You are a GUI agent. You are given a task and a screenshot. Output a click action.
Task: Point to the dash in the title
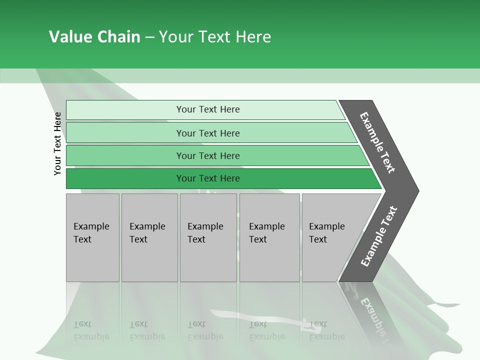click(149, 37)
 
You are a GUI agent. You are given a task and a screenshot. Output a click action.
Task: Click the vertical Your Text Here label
click(57, 143)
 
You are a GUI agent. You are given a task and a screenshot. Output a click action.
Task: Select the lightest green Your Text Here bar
click(207, 109)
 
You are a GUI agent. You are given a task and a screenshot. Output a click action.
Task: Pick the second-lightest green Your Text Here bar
click(207, 133)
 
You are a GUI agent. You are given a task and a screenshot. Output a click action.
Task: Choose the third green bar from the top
click(207, 155)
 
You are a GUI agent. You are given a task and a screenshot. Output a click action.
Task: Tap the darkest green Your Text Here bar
click(207, 178)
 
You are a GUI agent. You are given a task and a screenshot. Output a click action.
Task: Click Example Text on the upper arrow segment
click(377, 142)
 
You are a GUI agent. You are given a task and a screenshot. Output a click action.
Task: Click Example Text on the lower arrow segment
click(378, 236)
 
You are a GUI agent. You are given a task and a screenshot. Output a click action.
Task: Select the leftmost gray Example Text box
click(92, 237)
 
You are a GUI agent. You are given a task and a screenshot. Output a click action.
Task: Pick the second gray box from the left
click(149, 237)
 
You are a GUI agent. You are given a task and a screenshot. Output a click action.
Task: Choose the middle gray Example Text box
click(208, 237)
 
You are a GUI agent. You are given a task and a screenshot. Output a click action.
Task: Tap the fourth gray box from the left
click(269, 237)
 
